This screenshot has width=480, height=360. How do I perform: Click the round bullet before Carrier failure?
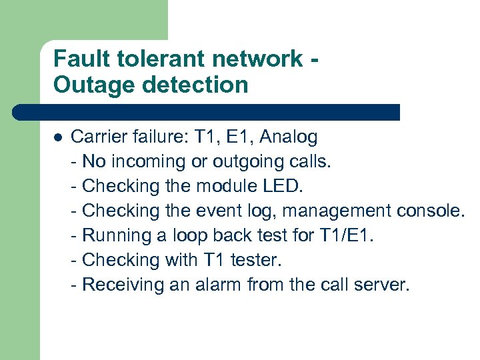click(x=57, y=138)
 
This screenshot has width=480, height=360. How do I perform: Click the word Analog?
click(x=288, y=137)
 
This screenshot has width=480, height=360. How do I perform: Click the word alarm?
click(x=217, y=285)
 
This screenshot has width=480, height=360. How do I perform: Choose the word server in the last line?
click(x=383, y=285)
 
